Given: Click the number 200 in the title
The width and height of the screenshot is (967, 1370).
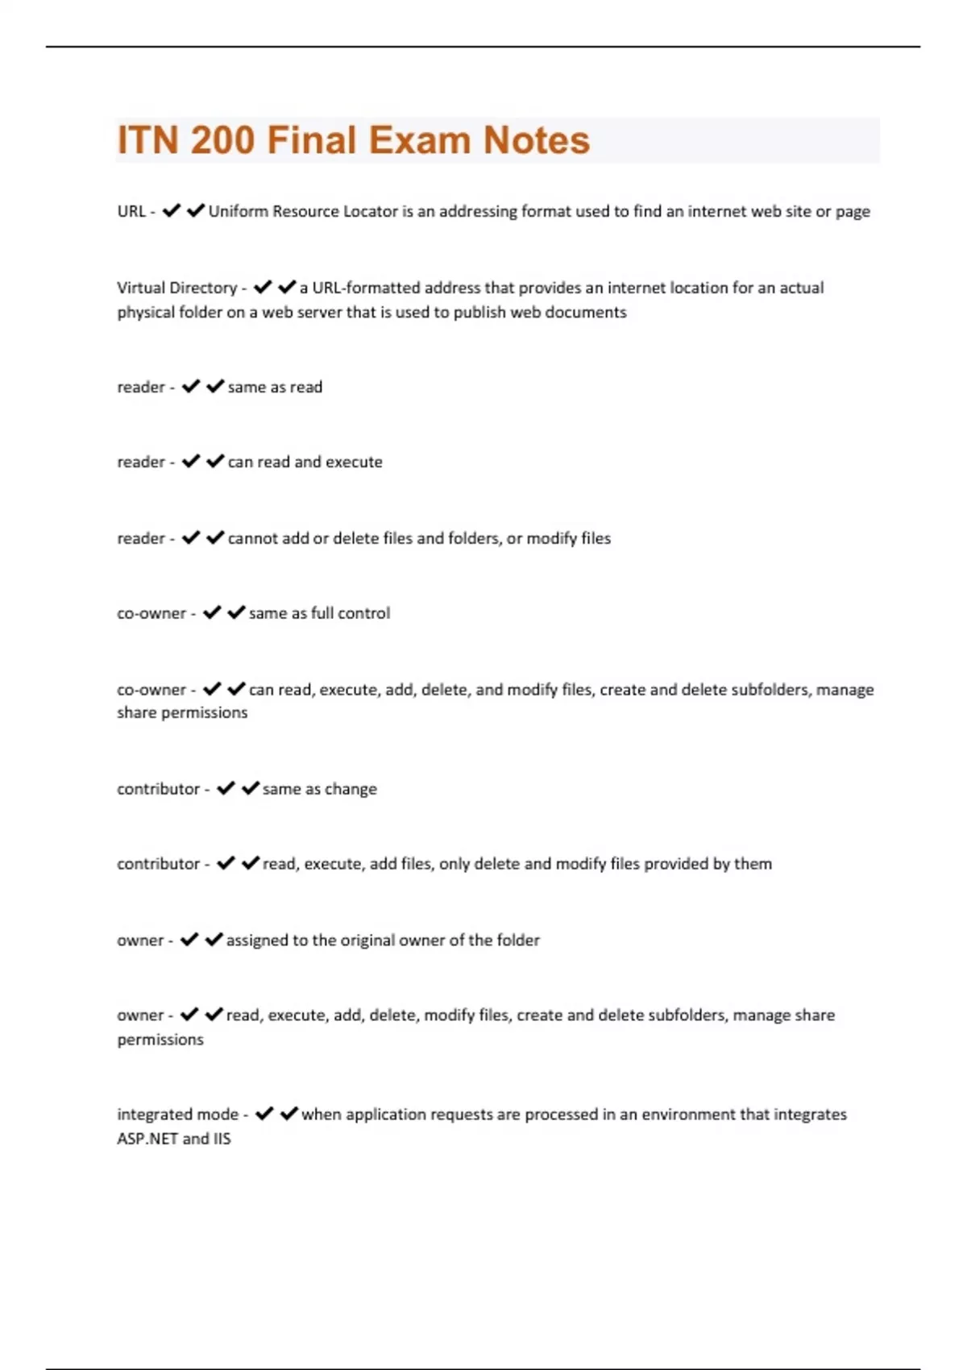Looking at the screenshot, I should click(x=223, y=140).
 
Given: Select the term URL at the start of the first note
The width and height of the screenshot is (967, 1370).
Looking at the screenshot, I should click(x=131, y=212).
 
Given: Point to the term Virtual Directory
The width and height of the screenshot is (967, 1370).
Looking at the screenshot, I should click(x=176, y=288).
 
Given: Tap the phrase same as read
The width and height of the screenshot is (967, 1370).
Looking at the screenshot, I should click(x=275, y=387).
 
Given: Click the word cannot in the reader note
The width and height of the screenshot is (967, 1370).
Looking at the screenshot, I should click(x=252, y=538).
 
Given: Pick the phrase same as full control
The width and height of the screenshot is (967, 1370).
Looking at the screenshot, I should click(x=319, y=613).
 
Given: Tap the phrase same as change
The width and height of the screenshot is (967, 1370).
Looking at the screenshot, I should click(x=319, y=789).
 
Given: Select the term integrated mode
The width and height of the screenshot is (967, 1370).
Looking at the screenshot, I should click(x=177, y=1115).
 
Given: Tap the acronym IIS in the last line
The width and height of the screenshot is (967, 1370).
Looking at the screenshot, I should click(x=222, y=1139).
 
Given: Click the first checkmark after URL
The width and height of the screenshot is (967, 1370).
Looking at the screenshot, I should click(x=171, y=211).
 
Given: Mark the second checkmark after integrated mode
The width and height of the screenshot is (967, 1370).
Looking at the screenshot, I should click(x=288, y=1114).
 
